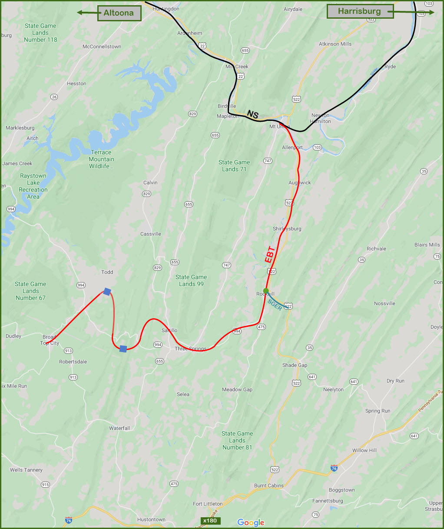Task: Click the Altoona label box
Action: (x=119, y=13)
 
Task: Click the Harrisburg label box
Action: (x=360, y=11)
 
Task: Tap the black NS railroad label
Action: (x=252, y=115)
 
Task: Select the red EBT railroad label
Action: (x=270, y=254)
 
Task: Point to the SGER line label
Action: (x=275, y=305)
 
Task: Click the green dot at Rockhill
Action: (x=266, y=291)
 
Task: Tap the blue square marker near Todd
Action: (x=107, y=292)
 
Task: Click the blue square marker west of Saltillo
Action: (x=123, y=349)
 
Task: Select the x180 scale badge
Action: (x=210, y=521)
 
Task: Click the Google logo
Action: (x=251, y=522)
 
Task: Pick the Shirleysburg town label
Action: (x=287, y=229)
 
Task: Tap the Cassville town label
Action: (x=151, y=234)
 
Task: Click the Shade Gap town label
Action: (x=295, y=365)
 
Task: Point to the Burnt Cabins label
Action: (x=269, y=486)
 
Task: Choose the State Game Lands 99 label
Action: (x=191, y=280)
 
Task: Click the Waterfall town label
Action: (x=119, y=428)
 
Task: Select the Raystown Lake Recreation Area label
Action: (x=33, y=186)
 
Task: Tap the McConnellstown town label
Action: (x=102, y=47)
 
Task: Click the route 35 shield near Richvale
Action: (x=361, y=260)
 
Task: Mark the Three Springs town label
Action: (x=191, y=349)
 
